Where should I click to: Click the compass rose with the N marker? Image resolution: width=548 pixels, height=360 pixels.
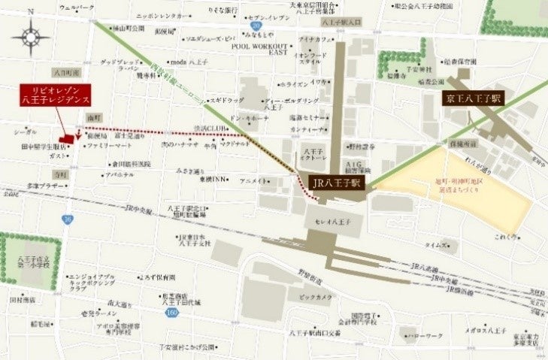pos(31,35)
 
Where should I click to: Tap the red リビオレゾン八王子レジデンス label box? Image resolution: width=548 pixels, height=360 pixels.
pos(56,94)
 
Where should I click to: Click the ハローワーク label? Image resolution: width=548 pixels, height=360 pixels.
pos(425,337)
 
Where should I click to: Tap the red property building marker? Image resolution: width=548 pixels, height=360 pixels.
pos(67,138)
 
